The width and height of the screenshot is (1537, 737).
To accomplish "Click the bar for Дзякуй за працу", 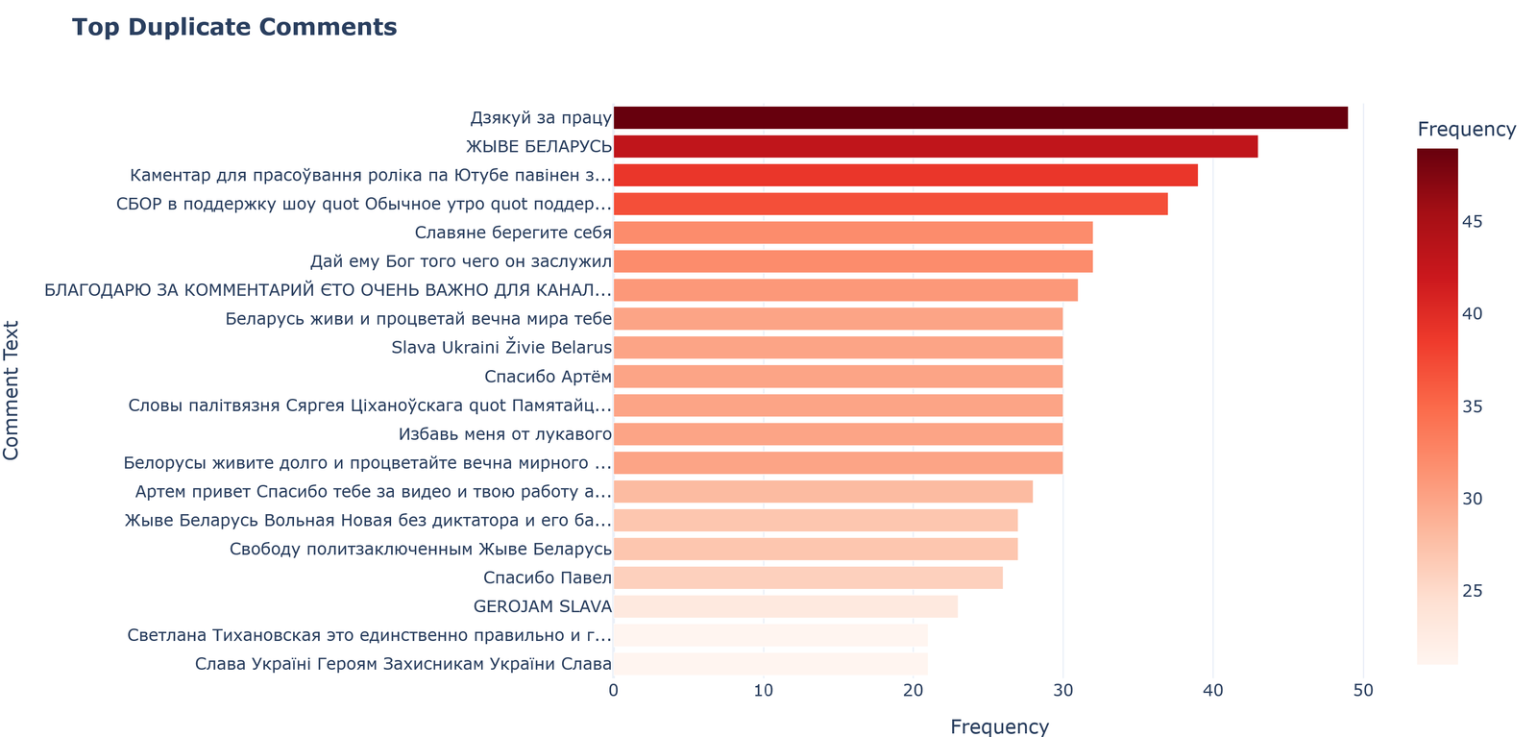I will pyautogui.click(x=980, y=118).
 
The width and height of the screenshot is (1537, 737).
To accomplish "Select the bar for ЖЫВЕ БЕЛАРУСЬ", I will pyautogui.click(x=935, y=147).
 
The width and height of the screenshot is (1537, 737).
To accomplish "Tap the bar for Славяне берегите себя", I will pyautogui.click(x=852, y=233).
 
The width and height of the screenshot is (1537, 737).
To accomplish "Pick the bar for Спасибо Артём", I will pyautogui.click(x=838, y=377).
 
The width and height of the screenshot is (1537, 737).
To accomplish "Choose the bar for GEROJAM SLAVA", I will pyautogui.click(x=785, y=606).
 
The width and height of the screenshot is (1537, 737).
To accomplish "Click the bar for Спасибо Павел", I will pyautogui.click(x=807, y=577).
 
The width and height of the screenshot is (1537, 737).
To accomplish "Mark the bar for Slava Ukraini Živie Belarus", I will pyautogui.click(x=838, y=348).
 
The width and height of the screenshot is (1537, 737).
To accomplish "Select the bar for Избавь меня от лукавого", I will pyautogui.click(x=838, y=434).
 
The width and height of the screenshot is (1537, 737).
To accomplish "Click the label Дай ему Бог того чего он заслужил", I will pyautogui.click(x=460, y=261).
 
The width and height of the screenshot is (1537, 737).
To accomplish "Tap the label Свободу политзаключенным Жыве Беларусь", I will pyautogui.click(x=421, y=549).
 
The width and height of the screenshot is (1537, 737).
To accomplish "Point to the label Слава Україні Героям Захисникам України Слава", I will pyautogui.click(x=403, y=664).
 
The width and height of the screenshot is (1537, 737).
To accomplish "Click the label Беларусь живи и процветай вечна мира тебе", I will pyautogui.click(x=418, y=319).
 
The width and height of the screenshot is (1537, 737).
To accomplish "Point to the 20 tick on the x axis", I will pyautogui.click(x=914, y=690).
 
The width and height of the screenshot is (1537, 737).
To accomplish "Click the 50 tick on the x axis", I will pyautogui.click(x=1363, y=690).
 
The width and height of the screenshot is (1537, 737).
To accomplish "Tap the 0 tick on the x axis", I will pyautogui.click(x=614, y=690).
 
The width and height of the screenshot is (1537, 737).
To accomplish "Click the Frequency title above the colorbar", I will pyautogui.click(x=1466, y=130).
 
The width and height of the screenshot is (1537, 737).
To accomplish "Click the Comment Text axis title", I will pyautogui.click(x=12, y=390).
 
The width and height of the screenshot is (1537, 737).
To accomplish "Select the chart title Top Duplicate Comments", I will pyautogui.click(x=234, y=27).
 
